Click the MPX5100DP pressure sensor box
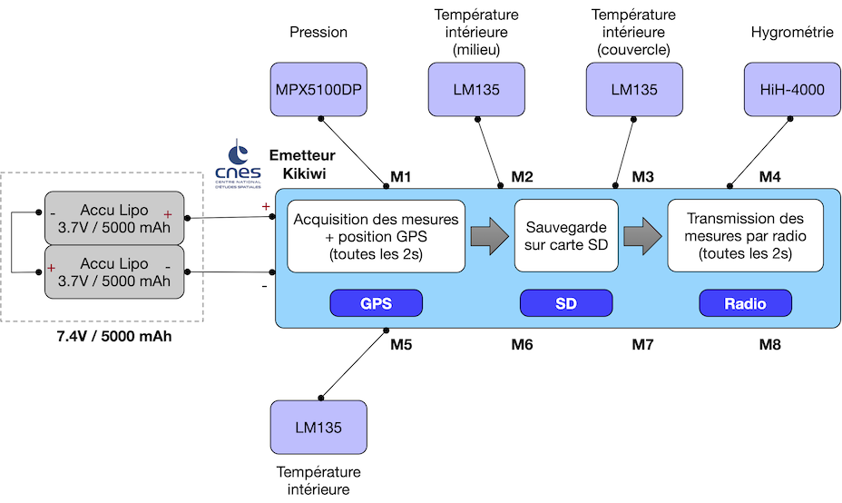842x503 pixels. click(318, 89)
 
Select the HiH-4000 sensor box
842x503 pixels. click(792, 89)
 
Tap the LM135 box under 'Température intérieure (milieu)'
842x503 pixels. click(476, 89)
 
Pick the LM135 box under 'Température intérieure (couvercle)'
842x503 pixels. click(634, 89)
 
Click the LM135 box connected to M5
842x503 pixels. click(318, 428)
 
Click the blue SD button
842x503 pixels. click(566, 303)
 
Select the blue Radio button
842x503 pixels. click(745, 303)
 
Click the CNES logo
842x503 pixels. click(238, 163)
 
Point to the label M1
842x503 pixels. click(401, 177)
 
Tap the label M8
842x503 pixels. click(769, 344)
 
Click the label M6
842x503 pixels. click(522, 344)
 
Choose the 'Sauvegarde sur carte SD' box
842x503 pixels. click(566, 236)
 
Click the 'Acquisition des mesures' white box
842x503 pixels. click(376, 236)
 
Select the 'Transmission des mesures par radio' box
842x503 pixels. click(745, 236)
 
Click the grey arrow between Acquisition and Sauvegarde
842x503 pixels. click(490, 236)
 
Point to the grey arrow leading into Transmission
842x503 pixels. click(642, 236)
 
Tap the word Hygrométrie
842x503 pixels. click(792, 33)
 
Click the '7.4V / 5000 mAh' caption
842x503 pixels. click(114, 337)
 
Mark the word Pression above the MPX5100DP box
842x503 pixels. click(318, 33)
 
